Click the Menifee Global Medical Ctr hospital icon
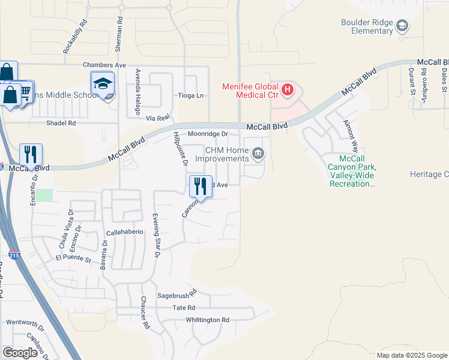[x=288, y=90]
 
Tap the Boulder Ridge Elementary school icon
[x=402, y=26]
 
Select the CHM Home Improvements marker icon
[x=258, y=154]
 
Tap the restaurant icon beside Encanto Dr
[x=30, y=154]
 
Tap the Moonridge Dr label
[x=208, y=134]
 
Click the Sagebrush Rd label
[x=177, y=295]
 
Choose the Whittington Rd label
[x=208, y=320]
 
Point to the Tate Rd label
[x=184, y=307]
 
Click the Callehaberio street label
[x=125, y=232]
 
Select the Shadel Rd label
[x=61, y=123]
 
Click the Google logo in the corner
[x=20, y=353]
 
